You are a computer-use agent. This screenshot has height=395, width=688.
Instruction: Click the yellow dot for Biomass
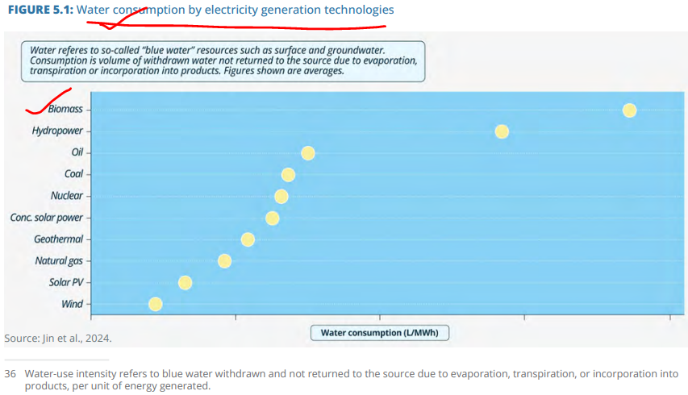(629, 110)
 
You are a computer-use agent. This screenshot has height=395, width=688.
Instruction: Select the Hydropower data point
(502, 131)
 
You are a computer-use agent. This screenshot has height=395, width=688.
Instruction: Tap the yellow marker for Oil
(307, 153)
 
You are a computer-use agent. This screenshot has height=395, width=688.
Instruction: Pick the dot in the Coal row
(288, 175)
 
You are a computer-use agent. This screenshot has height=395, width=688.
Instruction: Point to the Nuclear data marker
(281, 197)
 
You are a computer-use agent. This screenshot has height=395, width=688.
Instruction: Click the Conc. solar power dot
(272, 218)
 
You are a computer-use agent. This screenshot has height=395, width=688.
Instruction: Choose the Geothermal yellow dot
(248, 239)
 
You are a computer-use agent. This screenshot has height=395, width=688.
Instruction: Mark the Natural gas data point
(224, 261)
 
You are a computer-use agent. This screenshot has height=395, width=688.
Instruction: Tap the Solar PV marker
(185, 283)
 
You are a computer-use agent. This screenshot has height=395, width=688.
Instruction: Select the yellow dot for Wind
(156, 304)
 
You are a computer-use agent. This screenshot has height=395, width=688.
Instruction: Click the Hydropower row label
(57, 131)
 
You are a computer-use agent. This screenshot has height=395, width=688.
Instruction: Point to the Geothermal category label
(58, 239)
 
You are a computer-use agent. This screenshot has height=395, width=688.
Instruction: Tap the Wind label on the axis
(72, 304)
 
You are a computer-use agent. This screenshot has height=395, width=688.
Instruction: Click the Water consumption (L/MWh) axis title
(380, 333)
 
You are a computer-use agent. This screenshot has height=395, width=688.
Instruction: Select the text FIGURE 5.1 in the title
(40, 10)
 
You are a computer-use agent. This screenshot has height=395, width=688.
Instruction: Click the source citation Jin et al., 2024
(77, 339)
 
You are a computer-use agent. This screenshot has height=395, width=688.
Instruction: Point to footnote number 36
(10, 374)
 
